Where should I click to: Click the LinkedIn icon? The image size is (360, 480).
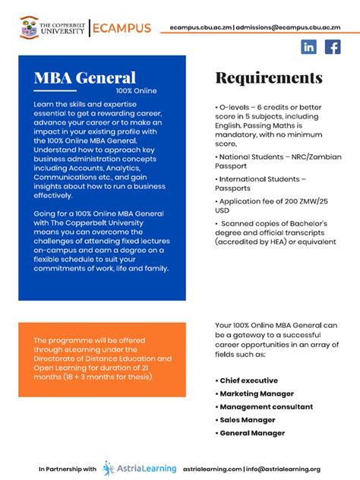click(x=309, y=47)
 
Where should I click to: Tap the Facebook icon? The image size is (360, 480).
click(x=333, y=47)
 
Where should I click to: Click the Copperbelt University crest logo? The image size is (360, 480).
click(x=29, y=27)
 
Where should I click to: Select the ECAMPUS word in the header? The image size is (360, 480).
click(x=121, y=28)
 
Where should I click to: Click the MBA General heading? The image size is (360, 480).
click(x=84, y=77)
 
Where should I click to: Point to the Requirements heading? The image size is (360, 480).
click(x=269, y=77)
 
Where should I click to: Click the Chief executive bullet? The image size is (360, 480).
click(x=248, y=381)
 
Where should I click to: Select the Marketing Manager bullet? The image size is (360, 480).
click(x=256, y=393)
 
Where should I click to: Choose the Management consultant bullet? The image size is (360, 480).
click(x=263, y=406)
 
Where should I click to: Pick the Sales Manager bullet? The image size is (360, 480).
click(x=247, y=419)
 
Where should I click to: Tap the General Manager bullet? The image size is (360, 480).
click(x=251, y=433)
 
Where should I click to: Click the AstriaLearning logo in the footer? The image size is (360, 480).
click(x=140, y=469)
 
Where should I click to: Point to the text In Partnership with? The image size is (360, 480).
click(x=68, y=469)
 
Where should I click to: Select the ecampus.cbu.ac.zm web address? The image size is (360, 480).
click(x=201, y=27)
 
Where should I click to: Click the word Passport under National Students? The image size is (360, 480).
click(x=232, y=166)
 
